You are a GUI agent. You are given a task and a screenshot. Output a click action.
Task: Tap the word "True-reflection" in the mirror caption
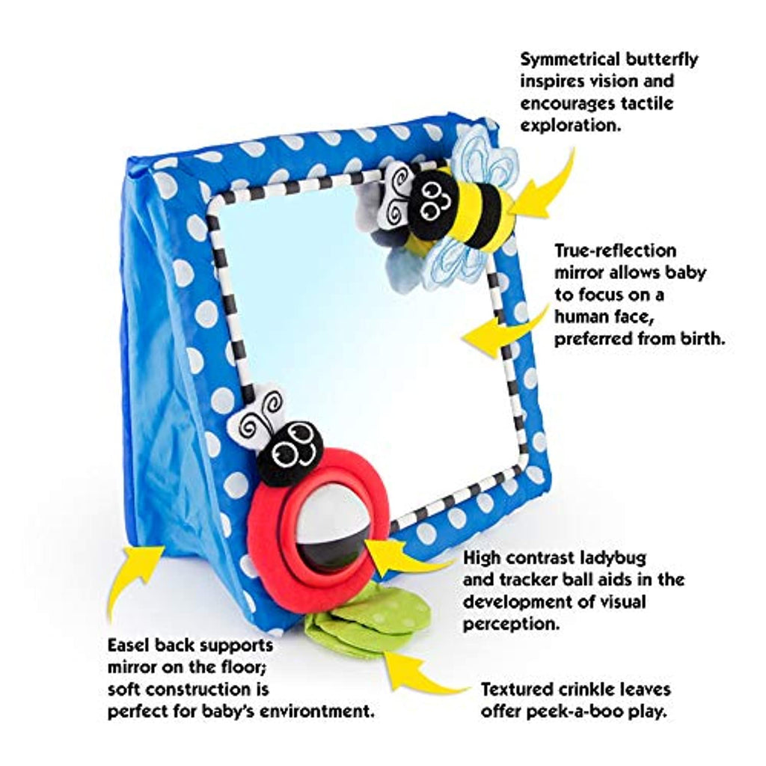tap(605, 251)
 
